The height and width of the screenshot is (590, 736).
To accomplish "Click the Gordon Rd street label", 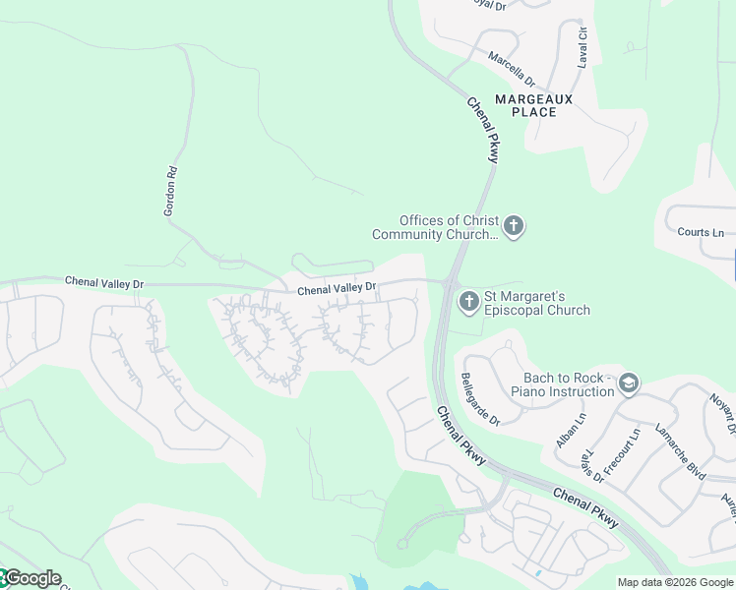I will pyautogui.click(x=170, y=191).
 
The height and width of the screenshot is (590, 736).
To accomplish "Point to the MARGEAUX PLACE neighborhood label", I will pyautogui.click(x=533, y=105).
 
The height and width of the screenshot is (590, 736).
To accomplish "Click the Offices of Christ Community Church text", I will pyautogui.click(x=436, y=227).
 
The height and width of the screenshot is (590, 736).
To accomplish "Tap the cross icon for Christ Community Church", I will pyautogui.click(x=515, y=227).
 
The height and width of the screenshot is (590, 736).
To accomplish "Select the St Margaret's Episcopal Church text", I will pyautogui.click(x=536, y=303).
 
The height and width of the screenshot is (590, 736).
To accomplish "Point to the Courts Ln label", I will pyautogui.click(x=701, y=233).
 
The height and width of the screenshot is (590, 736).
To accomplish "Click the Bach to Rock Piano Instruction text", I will pyautogui.click(x=562, y=384).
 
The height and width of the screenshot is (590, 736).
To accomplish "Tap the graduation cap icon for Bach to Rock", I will pyautogui.click(x=629, y=383).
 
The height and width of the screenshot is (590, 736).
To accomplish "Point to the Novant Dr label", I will pyautogui.click(x=722, y=413).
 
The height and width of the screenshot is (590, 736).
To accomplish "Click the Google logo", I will pyautogui.click(x=31, y=578).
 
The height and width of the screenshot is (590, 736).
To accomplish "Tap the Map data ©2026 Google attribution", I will pyautogui.click(x=675, y=582).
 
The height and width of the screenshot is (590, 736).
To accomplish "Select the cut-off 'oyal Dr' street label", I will pyautogui.click(x=487, y=5).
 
